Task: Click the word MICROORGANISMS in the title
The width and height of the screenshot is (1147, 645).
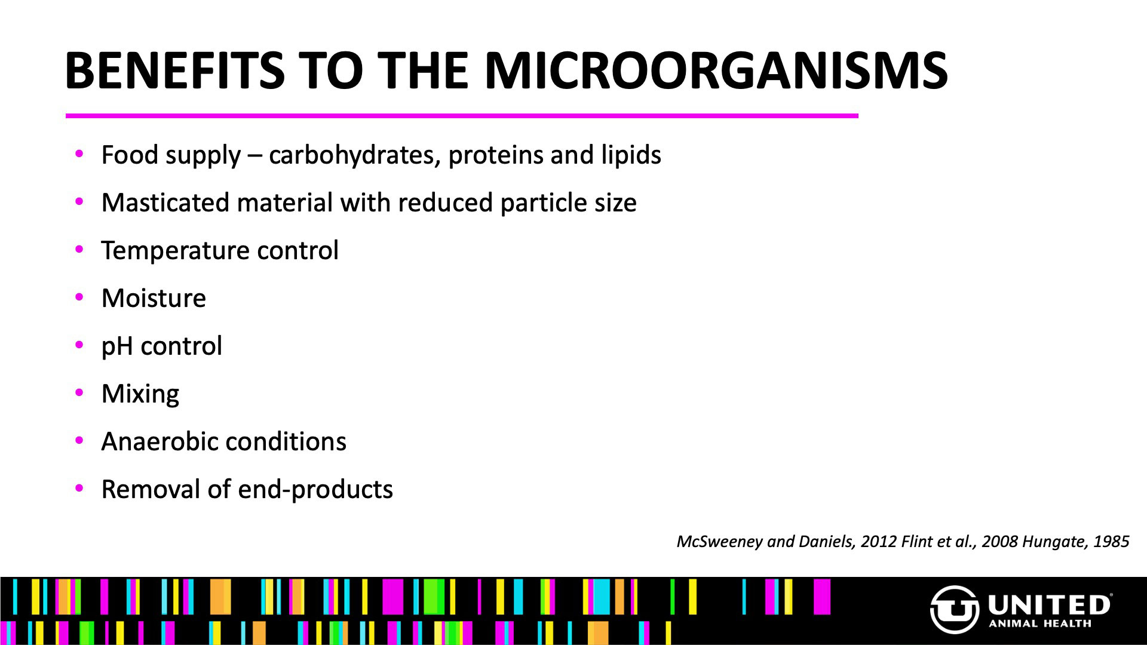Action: [x=716, y=70]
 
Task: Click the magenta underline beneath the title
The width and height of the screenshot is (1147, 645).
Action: [x=462, y=116]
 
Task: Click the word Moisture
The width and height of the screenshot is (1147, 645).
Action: [x=154, y=298]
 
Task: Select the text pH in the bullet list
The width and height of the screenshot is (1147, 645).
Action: [x=117, y=346]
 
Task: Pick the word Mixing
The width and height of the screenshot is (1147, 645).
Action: [x=140, y=394]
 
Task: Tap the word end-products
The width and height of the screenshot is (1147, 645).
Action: [x=315, y=490]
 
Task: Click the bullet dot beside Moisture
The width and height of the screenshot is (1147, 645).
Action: [x=79, y=297]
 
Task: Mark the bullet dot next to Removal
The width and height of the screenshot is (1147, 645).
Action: [x=79, y=489]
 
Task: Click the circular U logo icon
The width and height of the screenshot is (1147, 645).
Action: [x=955, y=609]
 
